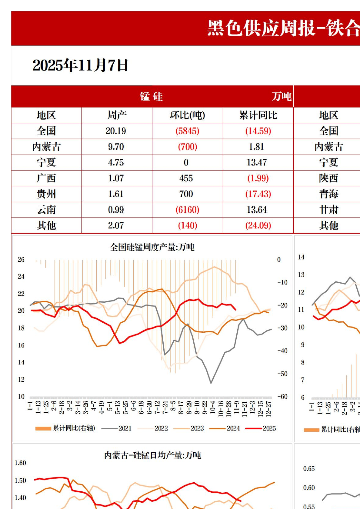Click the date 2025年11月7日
[x=80, y=65]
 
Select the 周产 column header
[x=117, y=115]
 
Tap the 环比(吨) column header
[x=187, y=115]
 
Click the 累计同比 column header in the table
[x=258, y=115]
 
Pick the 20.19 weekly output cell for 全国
[x=116, y=131]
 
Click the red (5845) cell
[x=187, y=131]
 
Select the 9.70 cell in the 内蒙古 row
[x=116, y=147]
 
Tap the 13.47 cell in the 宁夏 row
[x=257, y=162]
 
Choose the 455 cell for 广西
[x=186, y=178]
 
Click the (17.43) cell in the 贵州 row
[x=258, y=194]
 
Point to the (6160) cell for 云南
[x=187, y=210]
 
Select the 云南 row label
[x=46, y=210]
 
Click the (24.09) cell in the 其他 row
[x=258, y=225]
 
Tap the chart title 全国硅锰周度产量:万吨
[x=152, y=247]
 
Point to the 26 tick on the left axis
[x=21, y=260]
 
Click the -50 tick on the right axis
[x=282, y=374]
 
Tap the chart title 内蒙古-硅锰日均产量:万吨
[x=152, y=455]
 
